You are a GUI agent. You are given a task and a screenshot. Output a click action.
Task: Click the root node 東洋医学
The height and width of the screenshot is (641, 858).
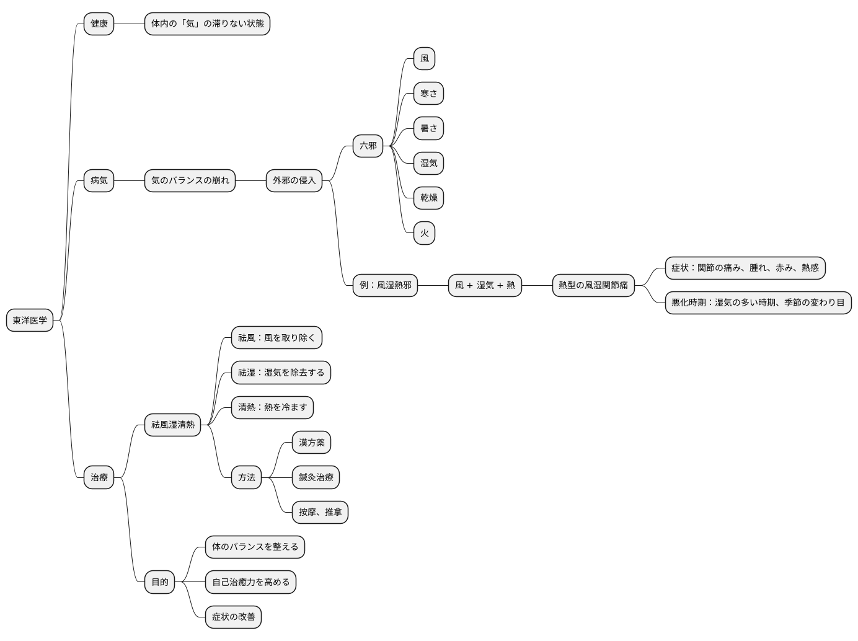pos(30,320)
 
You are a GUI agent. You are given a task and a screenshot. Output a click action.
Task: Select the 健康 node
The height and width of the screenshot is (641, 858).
pos(99,24)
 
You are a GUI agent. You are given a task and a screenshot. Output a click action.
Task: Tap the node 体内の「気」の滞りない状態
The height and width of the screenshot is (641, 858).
pos(207,24)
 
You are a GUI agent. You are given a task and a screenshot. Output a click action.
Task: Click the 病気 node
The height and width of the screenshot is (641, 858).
pos(99,180)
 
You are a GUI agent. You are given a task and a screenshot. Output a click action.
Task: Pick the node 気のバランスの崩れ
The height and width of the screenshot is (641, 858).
pos(190,180)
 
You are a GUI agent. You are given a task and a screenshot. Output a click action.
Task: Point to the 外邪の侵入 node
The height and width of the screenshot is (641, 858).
pos(294,180)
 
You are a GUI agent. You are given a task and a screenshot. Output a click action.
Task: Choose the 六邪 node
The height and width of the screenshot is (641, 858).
pos(368,146)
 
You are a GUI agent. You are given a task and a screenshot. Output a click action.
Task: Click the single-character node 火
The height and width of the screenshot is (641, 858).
pos(424,233)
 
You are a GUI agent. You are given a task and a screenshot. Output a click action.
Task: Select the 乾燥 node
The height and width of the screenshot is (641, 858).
pos(428,198)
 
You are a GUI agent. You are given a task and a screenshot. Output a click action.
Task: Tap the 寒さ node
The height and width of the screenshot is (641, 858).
pos(428,94)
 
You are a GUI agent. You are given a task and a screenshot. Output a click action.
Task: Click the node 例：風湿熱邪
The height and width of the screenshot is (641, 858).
pos(385,285)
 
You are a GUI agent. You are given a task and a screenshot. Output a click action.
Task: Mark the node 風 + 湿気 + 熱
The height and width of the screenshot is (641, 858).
pos(485,285)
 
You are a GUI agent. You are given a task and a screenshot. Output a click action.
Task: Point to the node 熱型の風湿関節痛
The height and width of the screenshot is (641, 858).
pos(593,285)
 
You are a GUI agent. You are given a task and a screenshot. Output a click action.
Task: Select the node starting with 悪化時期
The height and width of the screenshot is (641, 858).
pos(758,303)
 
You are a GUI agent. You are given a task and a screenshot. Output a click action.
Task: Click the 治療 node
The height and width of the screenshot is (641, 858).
pos(99,477)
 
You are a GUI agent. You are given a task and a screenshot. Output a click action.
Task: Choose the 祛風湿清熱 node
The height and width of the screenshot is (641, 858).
pos(172,425)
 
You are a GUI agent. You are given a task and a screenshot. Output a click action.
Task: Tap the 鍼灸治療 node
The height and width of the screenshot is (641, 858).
pos(316,477)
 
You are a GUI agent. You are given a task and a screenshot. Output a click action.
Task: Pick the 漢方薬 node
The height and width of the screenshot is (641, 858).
pos(312,443)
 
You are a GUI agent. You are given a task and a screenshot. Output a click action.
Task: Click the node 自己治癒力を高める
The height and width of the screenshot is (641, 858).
pos(250,582)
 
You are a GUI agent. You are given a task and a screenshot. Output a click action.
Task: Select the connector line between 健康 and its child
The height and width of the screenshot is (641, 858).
pos(130,24)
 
